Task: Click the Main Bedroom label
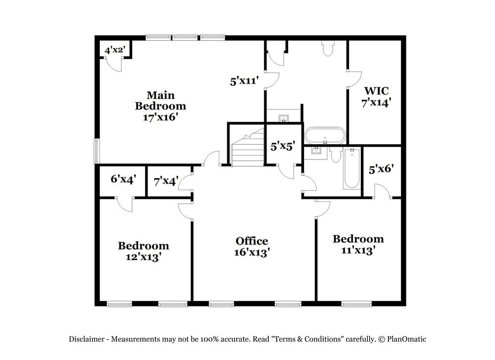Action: [x=160, y=105]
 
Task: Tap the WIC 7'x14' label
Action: [x=376, y=97]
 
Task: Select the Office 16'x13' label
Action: [x=251, y=246]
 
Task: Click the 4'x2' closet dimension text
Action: [x=114, y=50]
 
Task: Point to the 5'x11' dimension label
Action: [x=245, y=81]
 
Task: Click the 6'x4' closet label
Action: [x=123, y=179]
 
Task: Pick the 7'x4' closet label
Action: [x=165, y=181]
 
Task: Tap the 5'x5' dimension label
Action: [x=283, y=146]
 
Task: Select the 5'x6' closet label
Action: [x=381, y=168]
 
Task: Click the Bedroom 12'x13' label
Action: [x=143, y=251]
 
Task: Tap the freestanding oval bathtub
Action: [x=325, y=135]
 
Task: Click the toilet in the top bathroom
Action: [x=328, y=48]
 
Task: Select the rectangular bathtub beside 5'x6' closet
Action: [x=351, y=168]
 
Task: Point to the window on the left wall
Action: [x=97, y=151]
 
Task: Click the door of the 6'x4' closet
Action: [x=125, y=204]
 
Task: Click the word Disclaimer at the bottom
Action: [x=86, y=339]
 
